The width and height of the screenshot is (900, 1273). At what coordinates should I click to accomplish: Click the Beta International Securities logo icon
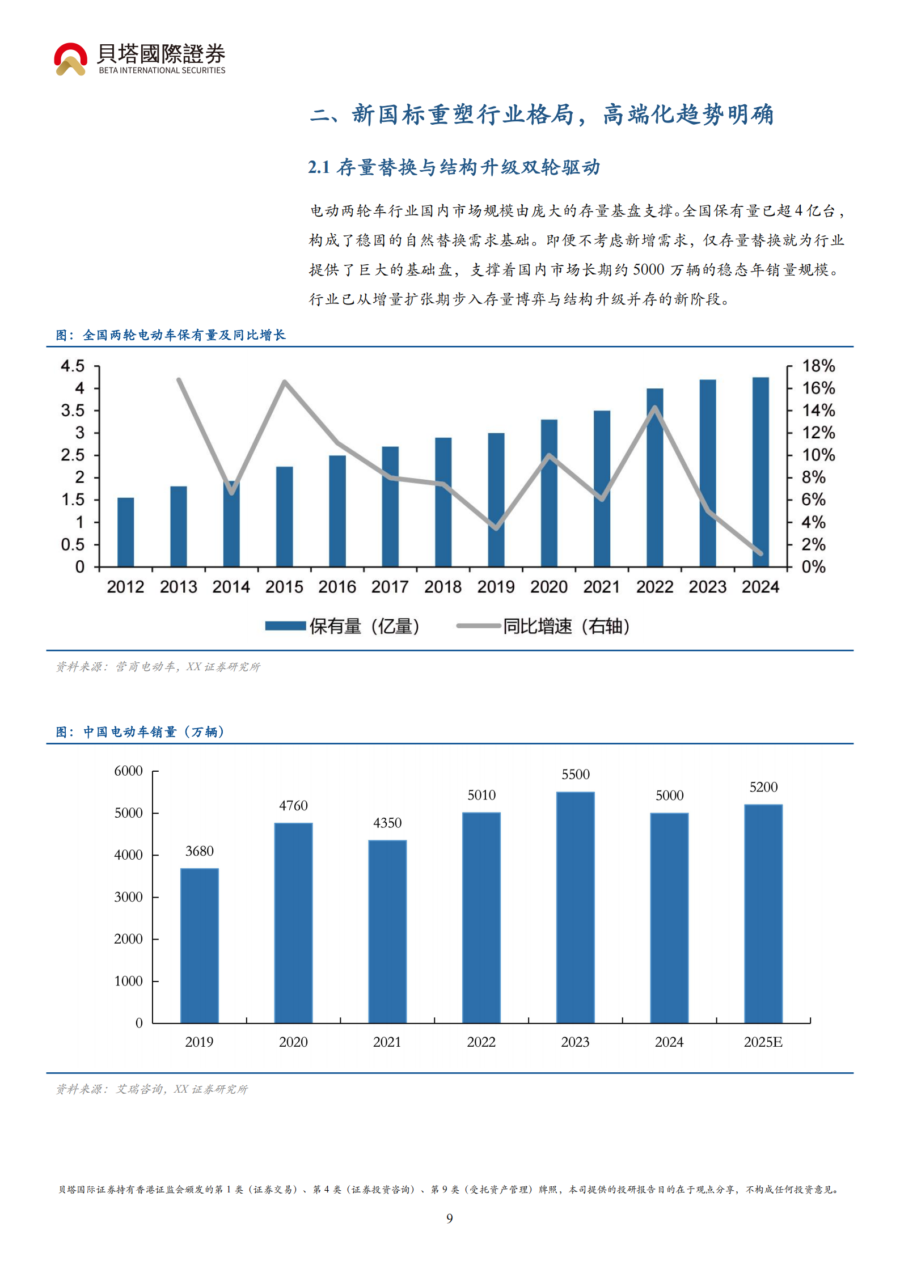click(70, 59)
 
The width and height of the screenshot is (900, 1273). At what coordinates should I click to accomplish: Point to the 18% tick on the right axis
click(818, 366)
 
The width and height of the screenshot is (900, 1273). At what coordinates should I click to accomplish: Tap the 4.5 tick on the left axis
click(73, 366)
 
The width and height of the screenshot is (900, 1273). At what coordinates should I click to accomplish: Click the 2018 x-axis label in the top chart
click(442, 587)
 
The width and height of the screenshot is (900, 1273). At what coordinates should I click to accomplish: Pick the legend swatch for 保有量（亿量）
click(285, 626)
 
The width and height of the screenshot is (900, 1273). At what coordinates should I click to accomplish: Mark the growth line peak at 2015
click(284, 382)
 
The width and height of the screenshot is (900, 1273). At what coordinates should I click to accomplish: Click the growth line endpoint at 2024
click(760, 553)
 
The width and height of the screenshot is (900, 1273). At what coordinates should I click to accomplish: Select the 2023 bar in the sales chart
click(575, 907)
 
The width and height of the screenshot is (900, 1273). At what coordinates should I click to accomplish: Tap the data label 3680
click(200, 851)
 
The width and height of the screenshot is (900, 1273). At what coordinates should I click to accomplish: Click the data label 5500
click(575, 775)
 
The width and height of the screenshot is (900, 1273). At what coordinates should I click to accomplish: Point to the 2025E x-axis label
click(763, 1042)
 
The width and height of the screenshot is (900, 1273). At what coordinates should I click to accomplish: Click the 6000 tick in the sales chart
click(128, 771)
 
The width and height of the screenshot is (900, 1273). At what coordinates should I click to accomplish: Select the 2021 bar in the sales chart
click(387, 932)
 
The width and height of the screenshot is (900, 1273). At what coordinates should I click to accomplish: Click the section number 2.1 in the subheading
click(319, 167)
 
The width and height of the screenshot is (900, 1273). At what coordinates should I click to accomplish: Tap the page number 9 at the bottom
click(450, 1218)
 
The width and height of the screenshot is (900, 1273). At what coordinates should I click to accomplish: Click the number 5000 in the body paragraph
click(648, 269)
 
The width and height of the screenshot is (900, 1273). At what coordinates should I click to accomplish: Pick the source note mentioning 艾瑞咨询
click(152, 1089)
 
